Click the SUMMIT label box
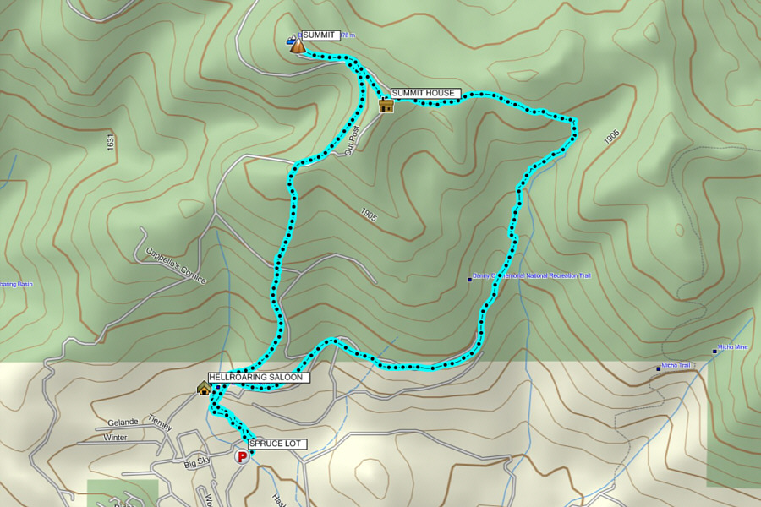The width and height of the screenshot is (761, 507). pos(320,35)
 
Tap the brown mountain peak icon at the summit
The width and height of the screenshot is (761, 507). pos(298,46)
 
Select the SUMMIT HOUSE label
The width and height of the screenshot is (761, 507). pos(424,93)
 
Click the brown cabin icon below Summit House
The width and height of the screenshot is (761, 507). pos(386,106)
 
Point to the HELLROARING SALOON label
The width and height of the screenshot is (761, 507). pos(259,378)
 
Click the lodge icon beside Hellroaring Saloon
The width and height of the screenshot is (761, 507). pos(204,388)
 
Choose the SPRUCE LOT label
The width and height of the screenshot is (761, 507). pos(276,444)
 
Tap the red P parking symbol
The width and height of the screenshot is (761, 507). pos(242,457)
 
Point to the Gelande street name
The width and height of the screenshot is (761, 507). pos(123,422)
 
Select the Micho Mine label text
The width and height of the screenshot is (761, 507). pos(733,347)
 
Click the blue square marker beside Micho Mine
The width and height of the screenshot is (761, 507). pos(714,352)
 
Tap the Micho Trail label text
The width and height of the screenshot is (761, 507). pos(676,365)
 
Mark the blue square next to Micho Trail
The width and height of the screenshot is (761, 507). pos(659,368)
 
